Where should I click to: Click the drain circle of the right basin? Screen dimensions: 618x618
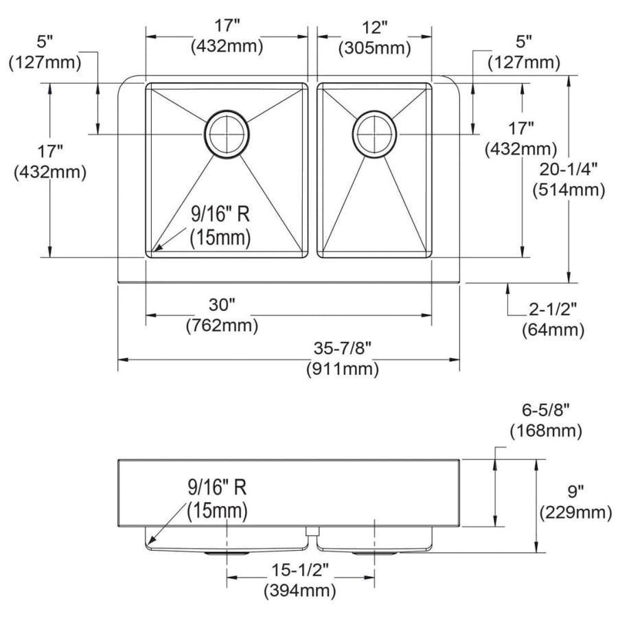click(x=353, y=135)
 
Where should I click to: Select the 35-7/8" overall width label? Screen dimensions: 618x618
click(x=343, y=348)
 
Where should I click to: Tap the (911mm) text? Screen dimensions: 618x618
click(x=343, y=369)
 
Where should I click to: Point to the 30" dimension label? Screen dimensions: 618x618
click(x=222, y=305)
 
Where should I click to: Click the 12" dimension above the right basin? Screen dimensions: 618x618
click(x=374, y=27)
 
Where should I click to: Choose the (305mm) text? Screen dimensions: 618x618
click(x=374, y=48)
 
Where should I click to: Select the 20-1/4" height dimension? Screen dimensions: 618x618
click(x=569, y=170)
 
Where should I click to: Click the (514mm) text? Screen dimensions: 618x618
click(x=569, y=190)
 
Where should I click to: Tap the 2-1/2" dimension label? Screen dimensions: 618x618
click(x=553, y=310)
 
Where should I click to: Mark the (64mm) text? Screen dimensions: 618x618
click(x=553, y=330)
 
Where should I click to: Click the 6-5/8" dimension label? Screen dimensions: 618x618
click(x=546, y=411)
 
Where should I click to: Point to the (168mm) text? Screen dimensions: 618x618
click(x=546, y=431)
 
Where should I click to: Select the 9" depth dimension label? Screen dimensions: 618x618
click(x=575, y=492)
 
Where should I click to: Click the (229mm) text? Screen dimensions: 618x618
click(x=575, y=512)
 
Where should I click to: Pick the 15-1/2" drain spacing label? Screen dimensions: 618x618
click(x=300, y=570)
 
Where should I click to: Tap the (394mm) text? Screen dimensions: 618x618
click(x=300, y=591)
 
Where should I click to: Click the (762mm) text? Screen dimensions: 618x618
click(x=222, y=325)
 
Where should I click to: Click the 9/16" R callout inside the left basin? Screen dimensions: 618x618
click(x=220, y=214)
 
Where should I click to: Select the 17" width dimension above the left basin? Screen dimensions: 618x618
click(x=227, y=26)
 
